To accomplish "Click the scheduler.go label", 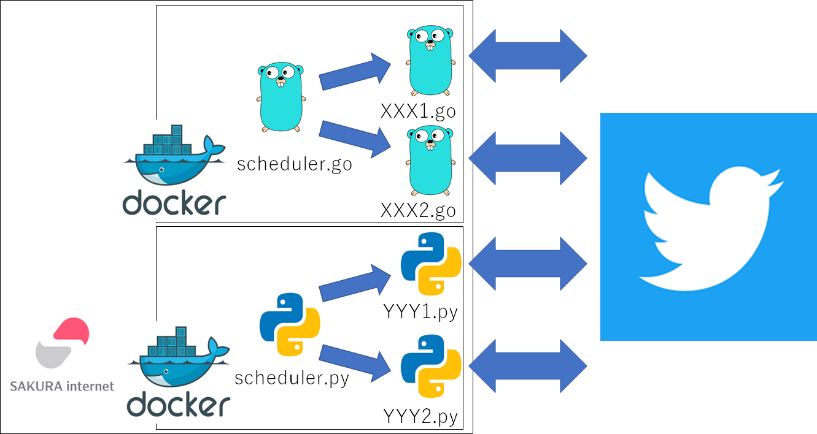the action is pos(295,164).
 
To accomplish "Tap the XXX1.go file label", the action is pos(418,111).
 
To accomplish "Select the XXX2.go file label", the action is pos(418,210).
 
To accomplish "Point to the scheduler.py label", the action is pos(292,378).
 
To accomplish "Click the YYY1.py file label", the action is pos(420,312).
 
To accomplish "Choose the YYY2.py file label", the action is pos(420,416).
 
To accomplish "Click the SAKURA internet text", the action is pos(62,386).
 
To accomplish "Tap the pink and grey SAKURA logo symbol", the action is pos(63,343).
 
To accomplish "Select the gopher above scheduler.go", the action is pos(281,97).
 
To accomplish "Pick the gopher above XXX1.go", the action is pos(431,61).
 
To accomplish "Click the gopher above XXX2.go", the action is pos(431,161).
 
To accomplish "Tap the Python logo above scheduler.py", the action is pos(290,324).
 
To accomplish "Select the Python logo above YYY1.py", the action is pos(431,264).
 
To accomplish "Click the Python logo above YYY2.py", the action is pos(431,366).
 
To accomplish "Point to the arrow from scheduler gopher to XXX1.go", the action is pos(355,72).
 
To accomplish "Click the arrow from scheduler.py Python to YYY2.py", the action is pos(355,364).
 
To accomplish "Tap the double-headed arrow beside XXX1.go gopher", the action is pos(528,56).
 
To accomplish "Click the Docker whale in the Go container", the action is pos(174,155).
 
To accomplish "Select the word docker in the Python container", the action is pos(179,404).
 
